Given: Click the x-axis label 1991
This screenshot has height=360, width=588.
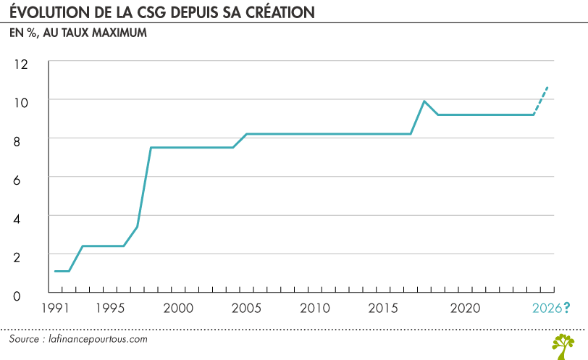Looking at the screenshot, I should coord(56,308).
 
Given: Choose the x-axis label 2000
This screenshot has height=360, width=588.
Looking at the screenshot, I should coord(179,308).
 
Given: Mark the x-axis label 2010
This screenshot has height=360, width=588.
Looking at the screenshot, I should coord(315,308).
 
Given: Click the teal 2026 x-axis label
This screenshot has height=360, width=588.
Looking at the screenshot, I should coord(546,308).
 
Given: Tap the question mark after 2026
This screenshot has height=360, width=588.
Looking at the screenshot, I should coord(566,308).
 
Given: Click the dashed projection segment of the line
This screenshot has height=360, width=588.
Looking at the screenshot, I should coord(542,99).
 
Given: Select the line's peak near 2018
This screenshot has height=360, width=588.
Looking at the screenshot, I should coord(424,101).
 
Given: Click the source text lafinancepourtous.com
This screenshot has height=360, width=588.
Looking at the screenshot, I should coord(98,338).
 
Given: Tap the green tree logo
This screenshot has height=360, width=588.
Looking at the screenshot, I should coord(563,346).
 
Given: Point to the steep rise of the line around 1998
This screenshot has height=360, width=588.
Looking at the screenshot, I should coord(143,188).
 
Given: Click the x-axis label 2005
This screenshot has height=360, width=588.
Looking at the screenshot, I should coord(247,308).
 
